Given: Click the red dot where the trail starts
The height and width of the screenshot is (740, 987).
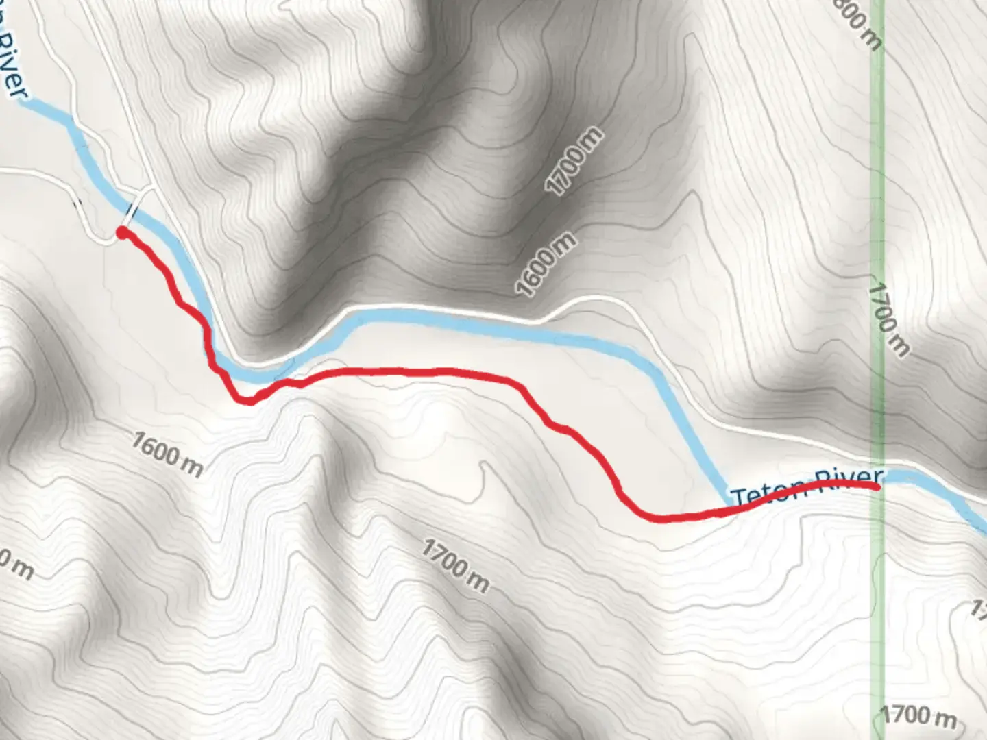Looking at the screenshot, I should point(122,233).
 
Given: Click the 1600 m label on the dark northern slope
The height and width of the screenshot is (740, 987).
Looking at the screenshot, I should point(547,264).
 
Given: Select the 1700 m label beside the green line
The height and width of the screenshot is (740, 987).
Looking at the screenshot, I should point(888,320).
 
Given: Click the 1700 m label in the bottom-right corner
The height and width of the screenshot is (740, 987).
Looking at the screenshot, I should point(918,716).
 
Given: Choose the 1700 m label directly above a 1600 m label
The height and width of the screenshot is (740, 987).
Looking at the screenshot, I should point(576,161).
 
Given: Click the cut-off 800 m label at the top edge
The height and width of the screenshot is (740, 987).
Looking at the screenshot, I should point(859,24).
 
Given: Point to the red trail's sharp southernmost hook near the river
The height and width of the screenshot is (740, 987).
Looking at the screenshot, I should point(247,401).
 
